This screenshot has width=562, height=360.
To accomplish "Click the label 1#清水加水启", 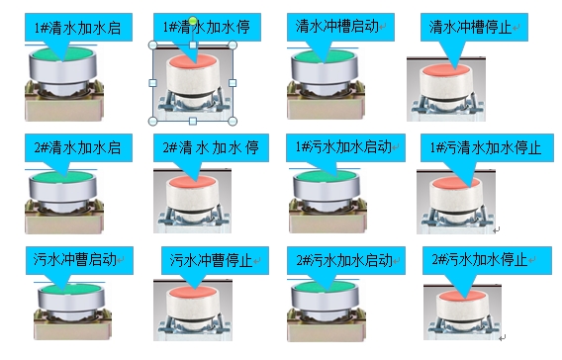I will (x=77, y=28).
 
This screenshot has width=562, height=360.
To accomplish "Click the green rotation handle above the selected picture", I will (x=194, y=21).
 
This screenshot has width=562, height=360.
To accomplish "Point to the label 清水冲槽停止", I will (x=472, y=27).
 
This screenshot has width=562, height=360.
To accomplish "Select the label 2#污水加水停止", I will (x=480, y=261).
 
